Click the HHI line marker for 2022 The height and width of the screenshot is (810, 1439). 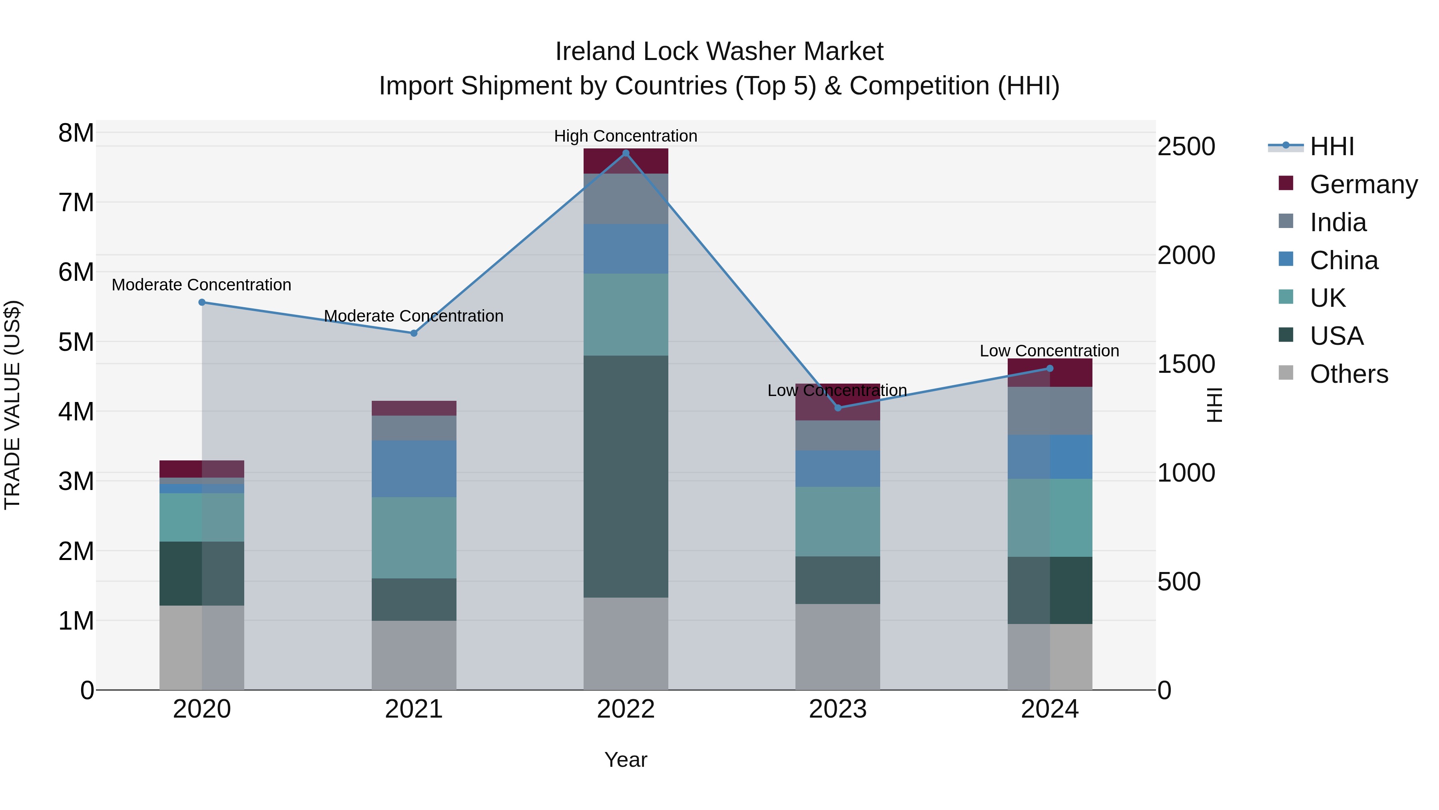click(626, 153)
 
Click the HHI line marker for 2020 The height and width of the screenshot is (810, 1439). click(202, 302)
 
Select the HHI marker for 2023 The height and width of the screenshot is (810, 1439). click(837, 408)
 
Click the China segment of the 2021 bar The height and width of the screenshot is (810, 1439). click(414, 468)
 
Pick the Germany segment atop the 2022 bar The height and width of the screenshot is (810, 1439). click(626, 161)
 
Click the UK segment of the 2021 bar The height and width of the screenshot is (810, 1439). click(414, 537)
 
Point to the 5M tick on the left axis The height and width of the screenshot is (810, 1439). click(76, 342)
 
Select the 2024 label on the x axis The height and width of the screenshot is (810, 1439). click(1049, 709)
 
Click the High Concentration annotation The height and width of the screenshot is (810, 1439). click(626, 136)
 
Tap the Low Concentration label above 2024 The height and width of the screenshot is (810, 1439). click(1049, 350)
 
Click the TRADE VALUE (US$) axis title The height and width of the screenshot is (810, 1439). click(12, 405)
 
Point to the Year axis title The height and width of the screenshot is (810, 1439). click(626, 760)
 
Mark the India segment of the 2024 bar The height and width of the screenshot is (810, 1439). click(1049, 411)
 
